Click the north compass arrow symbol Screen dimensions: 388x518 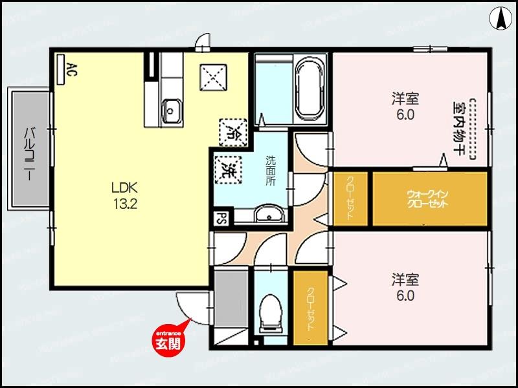501,17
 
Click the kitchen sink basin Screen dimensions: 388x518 172,110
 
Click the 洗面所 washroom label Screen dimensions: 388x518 271,170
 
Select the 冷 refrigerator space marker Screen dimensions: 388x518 232,131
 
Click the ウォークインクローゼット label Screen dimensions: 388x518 428,198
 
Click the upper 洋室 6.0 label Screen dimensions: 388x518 405,107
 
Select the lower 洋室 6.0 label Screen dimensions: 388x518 405,288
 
